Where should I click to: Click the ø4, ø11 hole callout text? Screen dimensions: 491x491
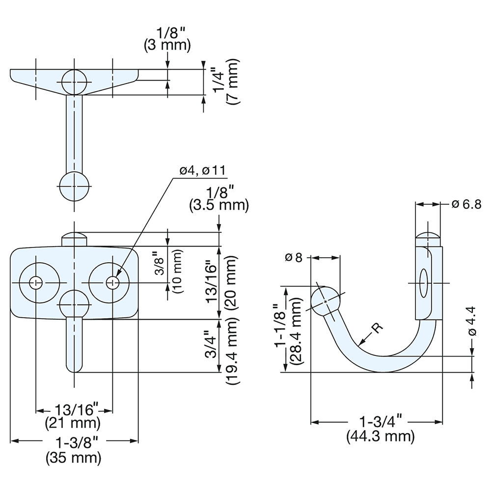tap(202, 170)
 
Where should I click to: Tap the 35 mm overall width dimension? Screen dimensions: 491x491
tap(74, 458)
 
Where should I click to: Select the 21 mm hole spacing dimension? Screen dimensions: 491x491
tap(74, 422)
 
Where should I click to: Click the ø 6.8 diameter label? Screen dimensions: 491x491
tap(466, 204)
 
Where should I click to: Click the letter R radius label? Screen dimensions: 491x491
tap(377, 329)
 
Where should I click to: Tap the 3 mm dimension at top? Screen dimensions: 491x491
tap(167, 46)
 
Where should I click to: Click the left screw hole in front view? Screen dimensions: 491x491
tap(36, 282)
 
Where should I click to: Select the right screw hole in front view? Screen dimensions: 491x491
tap(113, 282)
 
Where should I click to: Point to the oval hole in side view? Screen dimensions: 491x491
tap(424, 282)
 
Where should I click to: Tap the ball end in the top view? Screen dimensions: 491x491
tap(74, 187)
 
